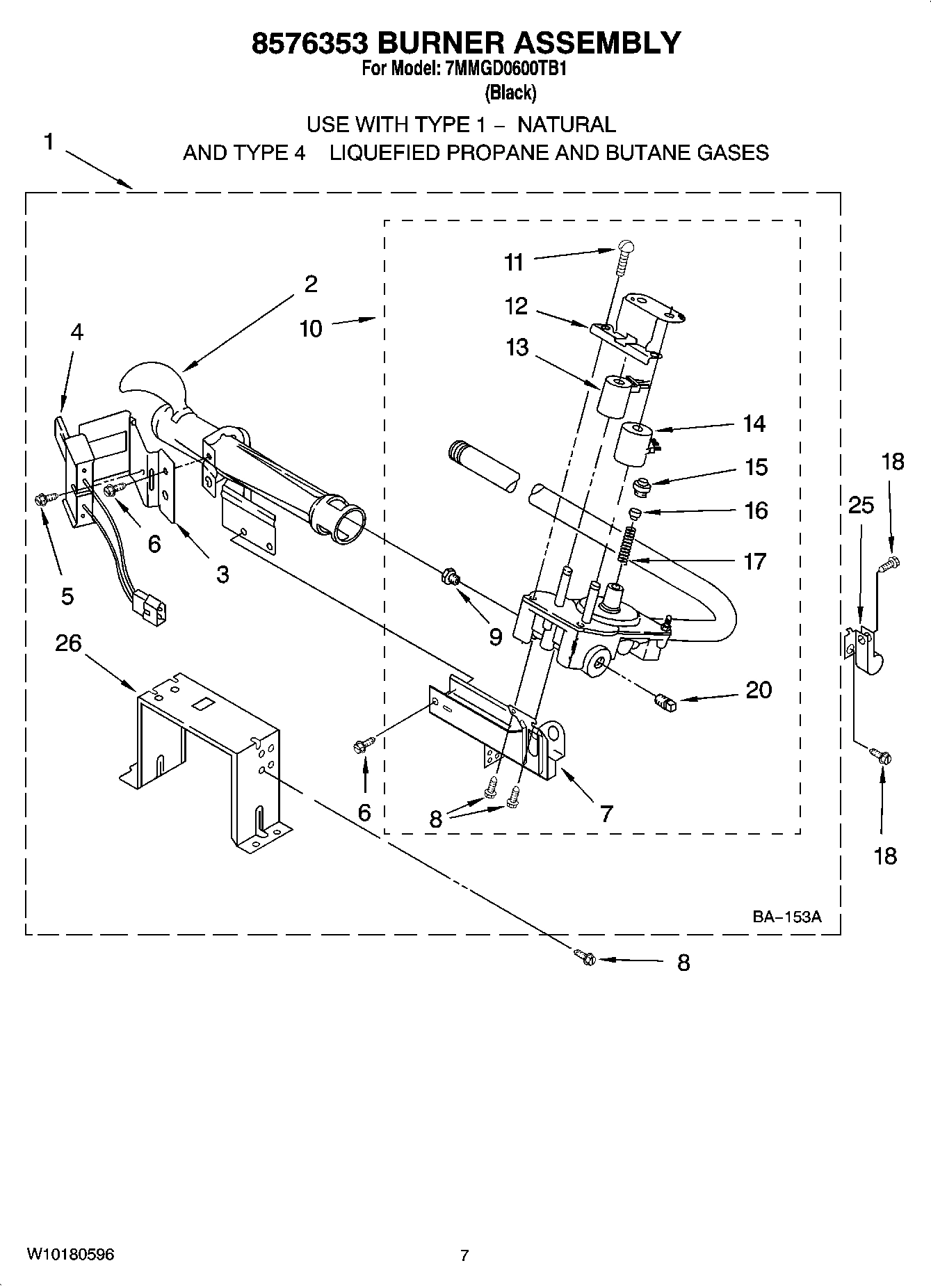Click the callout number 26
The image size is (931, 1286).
[68, 643]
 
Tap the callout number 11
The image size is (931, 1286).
[514, 262]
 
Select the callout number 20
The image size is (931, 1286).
[759, 690]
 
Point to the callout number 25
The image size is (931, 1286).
[861, 505]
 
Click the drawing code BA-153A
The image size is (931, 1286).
[786, 917]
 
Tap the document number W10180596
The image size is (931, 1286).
[70, 1255]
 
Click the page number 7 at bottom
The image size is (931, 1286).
[464, 1255]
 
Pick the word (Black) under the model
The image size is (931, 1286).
[510, 93]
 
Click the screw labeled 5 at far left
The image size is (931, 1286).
[41, 498]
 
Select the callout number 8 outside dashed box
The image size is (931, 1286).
[683, 963]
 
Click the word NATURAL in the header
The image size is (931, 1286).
[567, 124]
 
